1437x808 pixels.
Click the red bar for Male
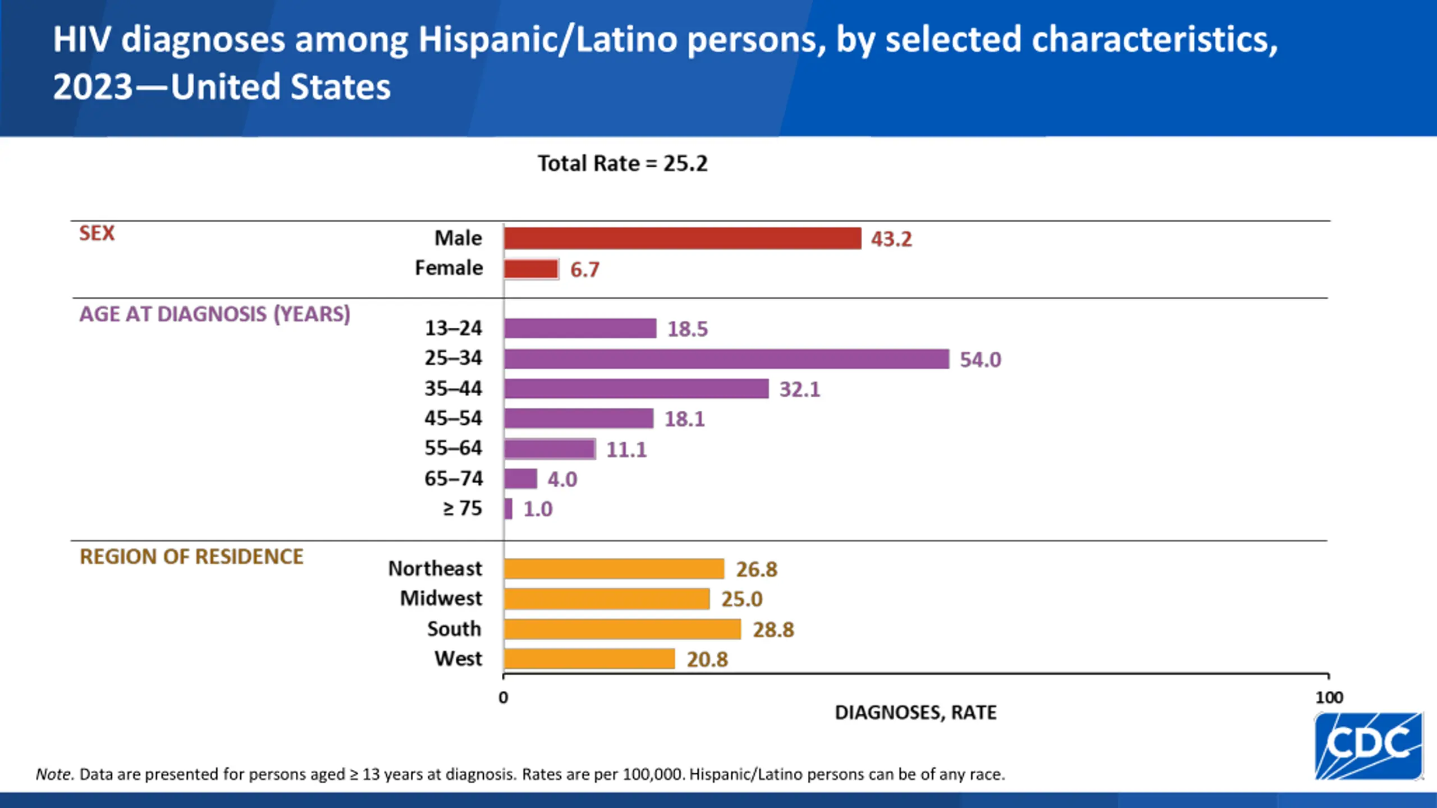pyautogui.click(x=682, y=238)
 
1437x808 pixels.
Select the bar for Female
pyautogui.click(x=531, y=269)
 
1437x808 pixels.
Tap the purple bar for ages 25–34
pyautogui.click(x=726, y=359)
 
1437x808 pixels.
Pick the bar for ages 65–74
pyautogui.click(x=520, y=479)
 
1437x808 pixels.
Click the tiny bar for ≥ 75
pyautogui.click(x=508, y=509)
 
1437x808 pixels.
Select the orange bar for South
pyautogui.click(x=622, y=629)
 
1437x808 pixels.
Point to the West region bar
pyautogui.click(x=589, y=659)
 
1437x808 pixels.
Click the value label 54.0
pyautogui.click(x=980, y=360)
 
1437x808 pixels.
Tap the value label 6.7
pyautogui.click(x=584, y=270)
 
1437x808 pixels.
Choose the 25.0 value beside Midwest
pyautogui.click(x=742, y=599)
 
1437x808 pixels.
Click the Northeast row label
pyautogui.click(x=435, y=568)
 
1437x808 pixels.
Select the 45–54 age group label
pyautogui.click(x=453, y=418)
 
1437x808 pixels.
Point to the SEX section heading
pyautogui.click(x=97, y=233)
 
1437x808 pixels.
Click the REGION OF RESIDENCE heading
pyautogui.click(x=191, y=557)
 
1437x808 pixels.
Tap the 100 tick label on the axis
pyautogui.click(x=1329, y=697)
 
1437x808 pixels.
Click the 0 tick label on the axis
pyautogui.click(x=503, y=697)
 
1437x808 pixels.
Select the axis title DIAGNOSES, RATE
pyautogui.click(x=916, y=713)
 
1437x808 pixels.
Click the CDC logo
pyautogui.click(x=1368, y=746)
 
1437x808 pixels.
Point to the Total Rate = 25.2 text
pyautogui.click(x=623, y=164)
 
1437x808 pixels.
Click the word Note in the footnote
pyautogui.click(x=54, y=774)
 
